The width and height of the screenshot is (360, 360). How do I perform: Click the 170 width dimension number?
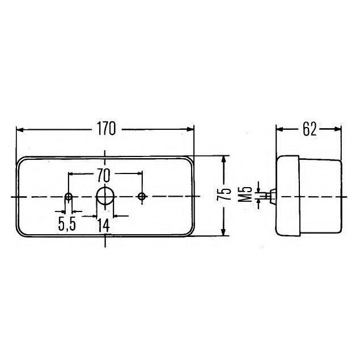click(x=105, y=129)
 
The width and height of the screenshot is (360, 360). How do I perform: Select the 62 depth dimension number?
click(x=309, y=129)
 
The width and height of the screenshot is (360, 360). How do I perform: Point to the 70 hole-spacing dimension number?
click(x=106, y=173)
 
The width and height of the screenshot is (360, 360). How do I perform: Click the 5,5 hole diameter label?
click(x=66, y=225)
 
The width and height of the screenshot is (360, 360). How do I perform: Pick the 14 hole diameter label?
click(x=103, y=225)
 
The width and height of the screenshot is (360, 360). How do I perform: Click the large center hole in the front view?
click(x=105, y=196)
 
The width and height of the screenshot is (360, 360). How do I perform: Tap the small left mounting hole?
click(x=69, y=197)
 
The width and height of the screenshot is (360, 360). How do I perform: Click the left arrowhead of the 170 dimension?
click(x=20, y=129)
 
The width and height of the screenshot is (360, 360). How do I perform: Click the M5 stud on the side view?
click(x=273, y=196)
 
